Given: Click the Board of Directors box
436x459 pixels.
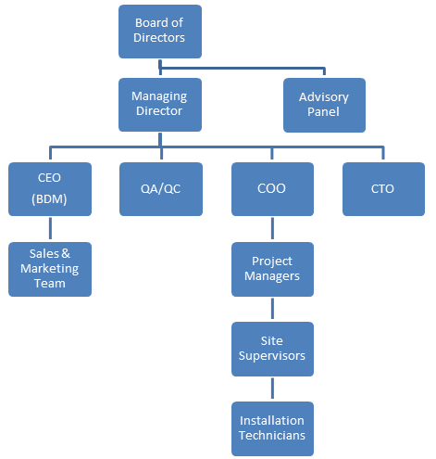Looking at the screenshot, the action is point(160,32).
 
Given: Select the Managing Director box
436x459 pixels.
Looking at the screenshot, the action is point(160,105).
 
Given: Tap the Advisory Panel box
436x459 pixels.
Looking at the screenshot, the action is point(324,105).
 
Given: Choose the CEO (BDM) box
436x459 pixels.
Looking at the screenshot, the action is point(50,189).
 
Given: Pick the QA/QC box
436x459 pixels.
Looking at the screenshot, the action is point(161,189).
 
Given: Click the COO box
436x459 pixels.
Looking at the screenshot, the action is point(272,189).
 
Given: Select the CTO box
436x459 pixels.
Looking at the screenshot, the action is point(383,189).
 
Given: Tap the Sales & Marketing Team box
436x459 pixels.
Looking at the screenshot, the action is point(50,269).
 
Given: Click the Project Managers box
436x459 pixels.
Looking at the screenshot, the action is point(272,269).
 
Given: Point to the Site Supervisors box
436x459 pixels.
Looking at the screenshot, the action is point(272,349).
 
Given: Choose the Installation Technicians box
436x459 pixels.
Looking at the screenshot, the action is point(272,428).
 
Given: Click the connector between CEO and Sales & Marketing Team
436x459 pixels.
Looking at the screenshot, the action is point(50,228).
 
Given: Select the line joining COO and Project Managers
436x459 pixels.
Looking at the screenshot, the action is point(272,228).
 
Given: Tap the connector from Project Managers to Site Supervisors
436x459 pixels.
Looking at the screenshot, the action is point(272,309).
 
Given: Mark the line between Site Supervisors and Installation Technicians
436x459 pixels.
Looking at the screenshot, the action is point(272,389).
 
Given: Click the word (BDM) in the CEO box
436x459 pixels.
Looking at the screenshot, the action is point(49,199).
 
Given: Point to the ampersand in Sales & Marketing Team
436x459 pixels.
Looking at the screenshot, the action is point(66,253).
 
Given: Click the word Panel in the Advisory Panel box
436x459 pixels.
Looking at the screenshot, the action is point(323,111).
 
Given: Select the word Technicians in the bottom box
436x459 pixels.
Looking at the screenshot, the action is point(272,435).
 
